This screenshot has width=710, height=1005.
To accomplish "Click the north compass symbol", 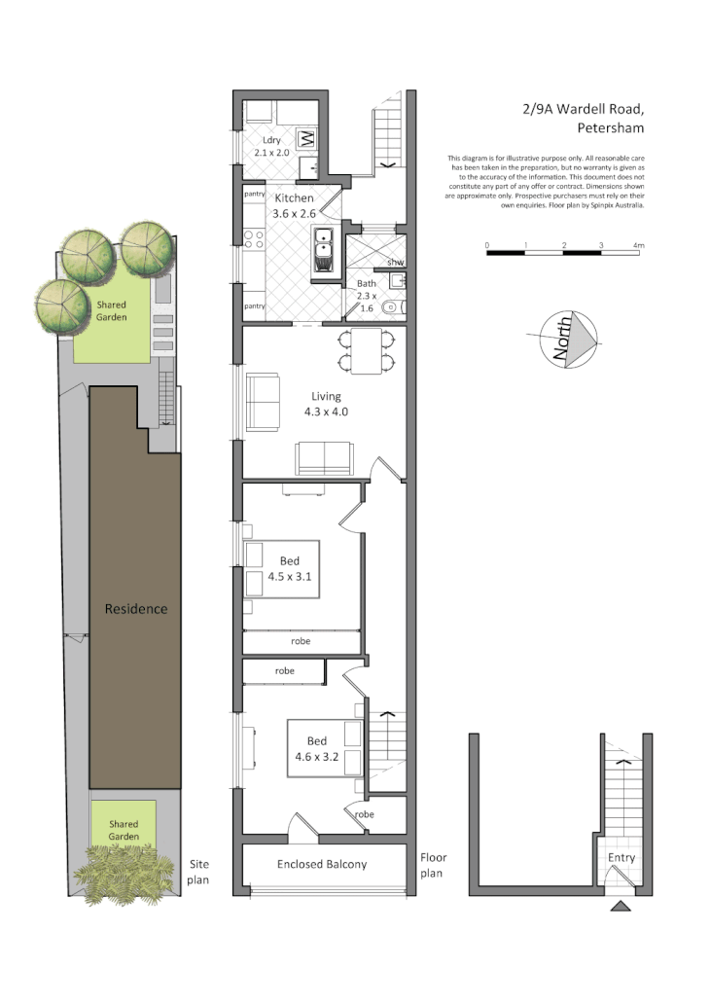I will point(572,341).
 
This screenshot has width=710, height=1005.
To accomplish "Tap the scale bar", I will point(562,252).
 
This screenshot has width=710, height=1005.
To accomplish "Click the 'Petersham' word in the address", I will point(610,127).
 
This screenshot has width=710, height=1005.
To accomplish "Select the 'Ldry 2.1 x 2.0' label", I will point(272,147).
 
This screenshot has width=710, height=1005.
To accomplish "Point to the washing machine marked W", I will point(306,137).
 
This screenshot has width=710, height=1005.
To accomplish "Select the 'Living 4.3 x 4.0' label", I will point(326,404).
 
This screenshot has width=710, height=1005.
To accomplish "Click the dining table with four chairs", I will point(367,351).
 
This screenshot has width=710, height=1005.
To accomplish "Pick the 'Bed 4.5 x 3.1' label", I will point(290,568).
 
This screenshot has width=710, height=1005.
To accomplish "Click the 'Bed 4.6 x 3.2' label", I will point(316,749).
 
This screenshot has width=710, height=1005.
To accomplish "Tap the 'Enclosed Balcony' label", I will point(322,863).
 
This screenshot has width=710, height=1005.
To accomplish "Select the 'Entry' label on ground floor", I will point(621,857).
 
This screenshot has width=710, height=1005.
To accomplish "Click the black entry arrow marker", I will point(621,907).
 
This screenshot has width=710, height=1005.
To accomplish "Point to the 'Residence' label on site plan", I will point(136,609).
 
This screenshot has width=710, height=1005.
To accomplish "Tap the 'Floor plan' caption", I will point(433,865).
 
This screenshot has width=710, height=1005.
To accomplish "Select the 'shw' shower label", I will point(395,263).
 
